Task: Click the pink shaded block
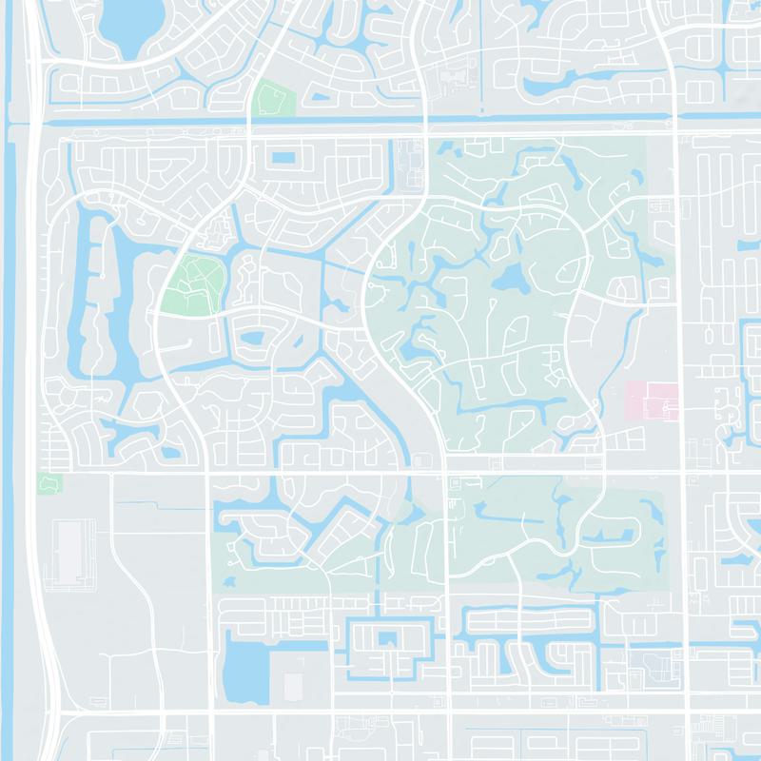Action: (x=653, y=400)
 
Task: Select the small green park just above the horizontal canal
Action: (x=274, y=99)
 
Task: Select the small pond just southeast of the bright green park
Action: (x=252, y=338)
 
